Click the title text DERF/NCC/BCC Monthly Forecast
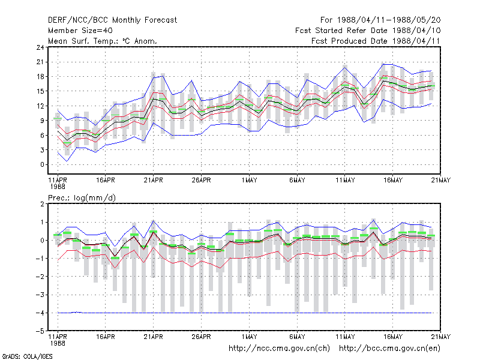point(112,20)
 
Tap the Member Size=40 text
point(80,31)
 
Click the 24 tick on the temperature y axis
point(40,47)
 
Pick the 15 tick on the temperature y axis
point(40,91)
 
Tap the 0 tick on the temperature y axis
point(42,164)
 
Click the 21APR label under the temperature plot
point(154,181)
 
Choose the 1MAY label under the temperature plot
point(249,181)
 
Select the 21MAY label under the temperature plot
point(441,181)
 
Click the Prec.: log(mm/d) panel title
point(82,198)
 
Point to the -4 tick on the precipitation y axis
point(40,313)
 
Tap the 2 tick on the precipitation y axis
point(42,204)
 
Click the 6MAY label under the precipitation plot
point(297,337)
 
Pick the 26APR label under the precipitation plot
point(201,337)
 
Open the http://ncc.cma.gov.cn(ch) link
point(279,349)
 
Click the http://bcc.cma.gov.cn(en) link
point(389,349)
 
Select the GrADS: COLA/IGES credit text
point(27,356)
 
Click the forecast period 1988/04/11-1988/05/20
point(389,20)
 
